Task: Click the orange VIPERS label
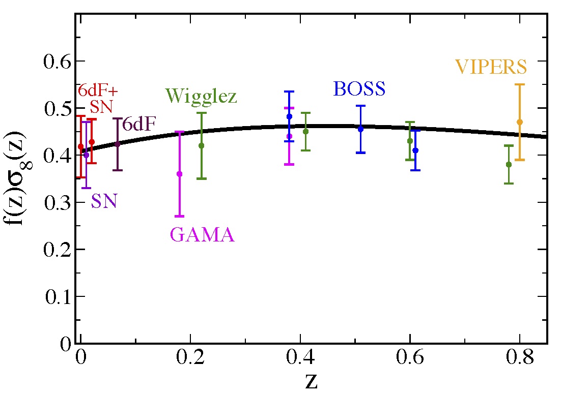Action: [491, 67]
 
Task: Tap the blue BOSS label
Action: [359, 89]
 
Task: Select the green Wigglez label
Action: [201, 96]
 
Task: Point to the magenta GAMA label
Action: [202, 235]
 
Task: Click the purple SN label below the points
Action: [104, 202]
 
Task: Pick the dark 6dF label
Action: [139, 124]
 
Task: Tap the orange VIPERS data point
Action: [520, 122]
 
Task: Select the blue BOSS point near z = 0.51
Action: [360, 129]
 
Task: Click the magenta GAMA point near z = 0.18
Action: [179, 174]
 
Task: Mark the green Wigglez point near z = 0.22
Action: [201, 145]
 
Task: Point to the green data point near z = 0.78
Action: [509, 164]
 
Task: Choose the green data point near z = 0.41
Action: [305, 131]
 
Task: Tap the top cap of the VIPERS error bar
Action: [520, 84]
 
